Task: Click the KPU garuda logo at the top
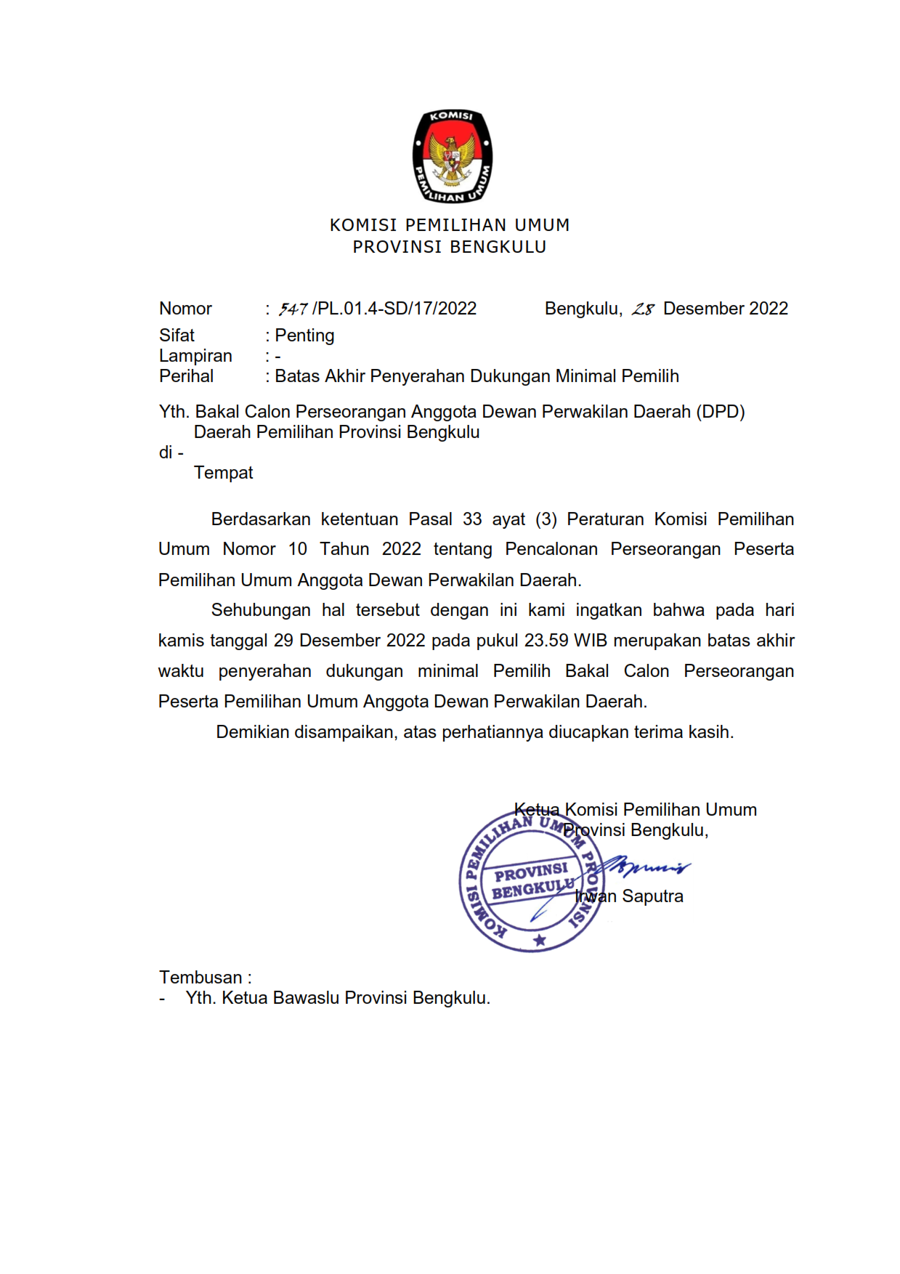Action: click(452, 156)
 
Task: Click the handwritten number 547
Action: click(293, 309)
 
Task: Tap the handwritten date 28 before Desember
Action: click(643, 309)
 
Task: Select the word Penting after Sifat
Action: click(304, 336)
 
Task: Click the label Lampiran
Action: click(195, 356)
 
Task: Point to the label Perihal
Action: click(186, 376)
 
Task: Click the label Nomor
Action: click(185, 309)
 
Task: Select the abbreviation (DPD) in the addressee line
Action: click(720, 412)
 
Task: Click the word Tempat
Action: click(223, 473)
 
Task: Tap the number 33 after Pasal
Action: click(472, 519)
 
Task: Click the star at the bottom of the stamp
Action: click(539, 941)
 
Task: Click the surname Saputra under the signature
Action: click(652, 896)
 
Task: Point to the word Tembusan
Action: click(200, 978)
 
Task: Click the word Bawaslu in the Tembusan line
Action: click(306, 998)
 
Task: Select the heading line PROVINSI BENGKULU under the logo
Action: click(450, 247)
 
